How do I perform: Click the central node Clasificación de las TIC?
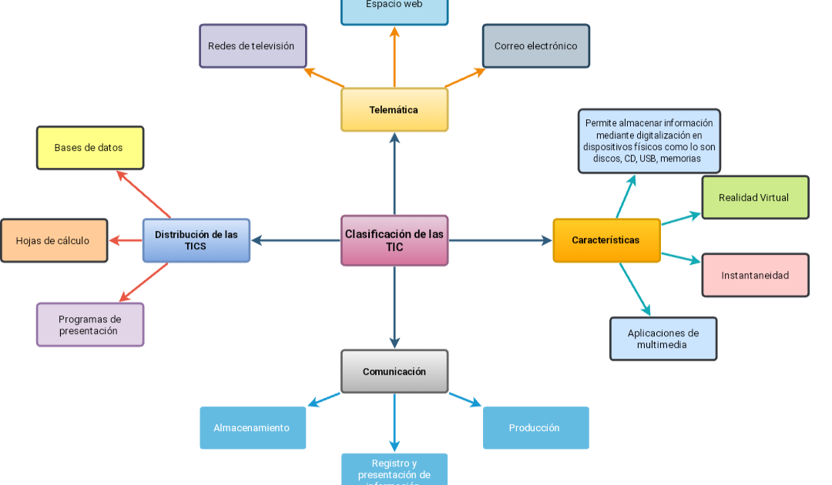pyautogui.click(x=394, y=240)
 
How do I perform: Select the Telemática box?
pyautogui.click(x=394, y=109)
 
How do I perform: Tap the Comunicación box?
pyautogui.click(x=394, y=371)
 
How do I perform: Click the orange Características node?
pyautogui.click(x=606, y=240)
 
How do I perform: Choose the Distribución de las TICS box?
pyautogui.click(x=196, y=240)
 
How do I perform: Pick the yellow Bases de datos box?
pyautogui.click(x=90, y=148)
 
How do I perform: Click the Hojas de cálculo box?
pyautogui.click(x=54, y=240)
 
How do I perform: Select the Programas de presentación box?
pyautogui.click(x=90, y=324)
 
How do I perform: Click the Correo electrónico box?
pyautogui.click(x=536, y=46)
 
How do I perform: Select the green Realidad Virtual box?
pyautogui.click(x=755, y=197)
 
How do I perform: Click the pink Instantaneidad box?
pyautogui.click(x=755, y=275)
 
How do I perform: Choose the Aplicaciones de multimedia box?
pyautogui.click(x=663, y=339)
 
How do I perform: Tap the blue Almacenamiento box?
pyautogui.click(x=253, y=427)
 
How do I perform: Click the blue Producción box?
pyautogui.click(x=535, y=427)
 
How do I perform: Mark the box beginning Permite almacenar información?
pyautogui.click(x=649, y=141)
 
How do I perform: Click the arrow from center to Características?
pyautogui.click(x=501, y=240)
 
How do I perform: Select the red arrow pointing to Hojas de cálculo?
pyautogui.click(x=126, y=240)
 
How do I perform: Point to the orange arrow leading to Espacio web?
pyautogui.click(x=394, y=58)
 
